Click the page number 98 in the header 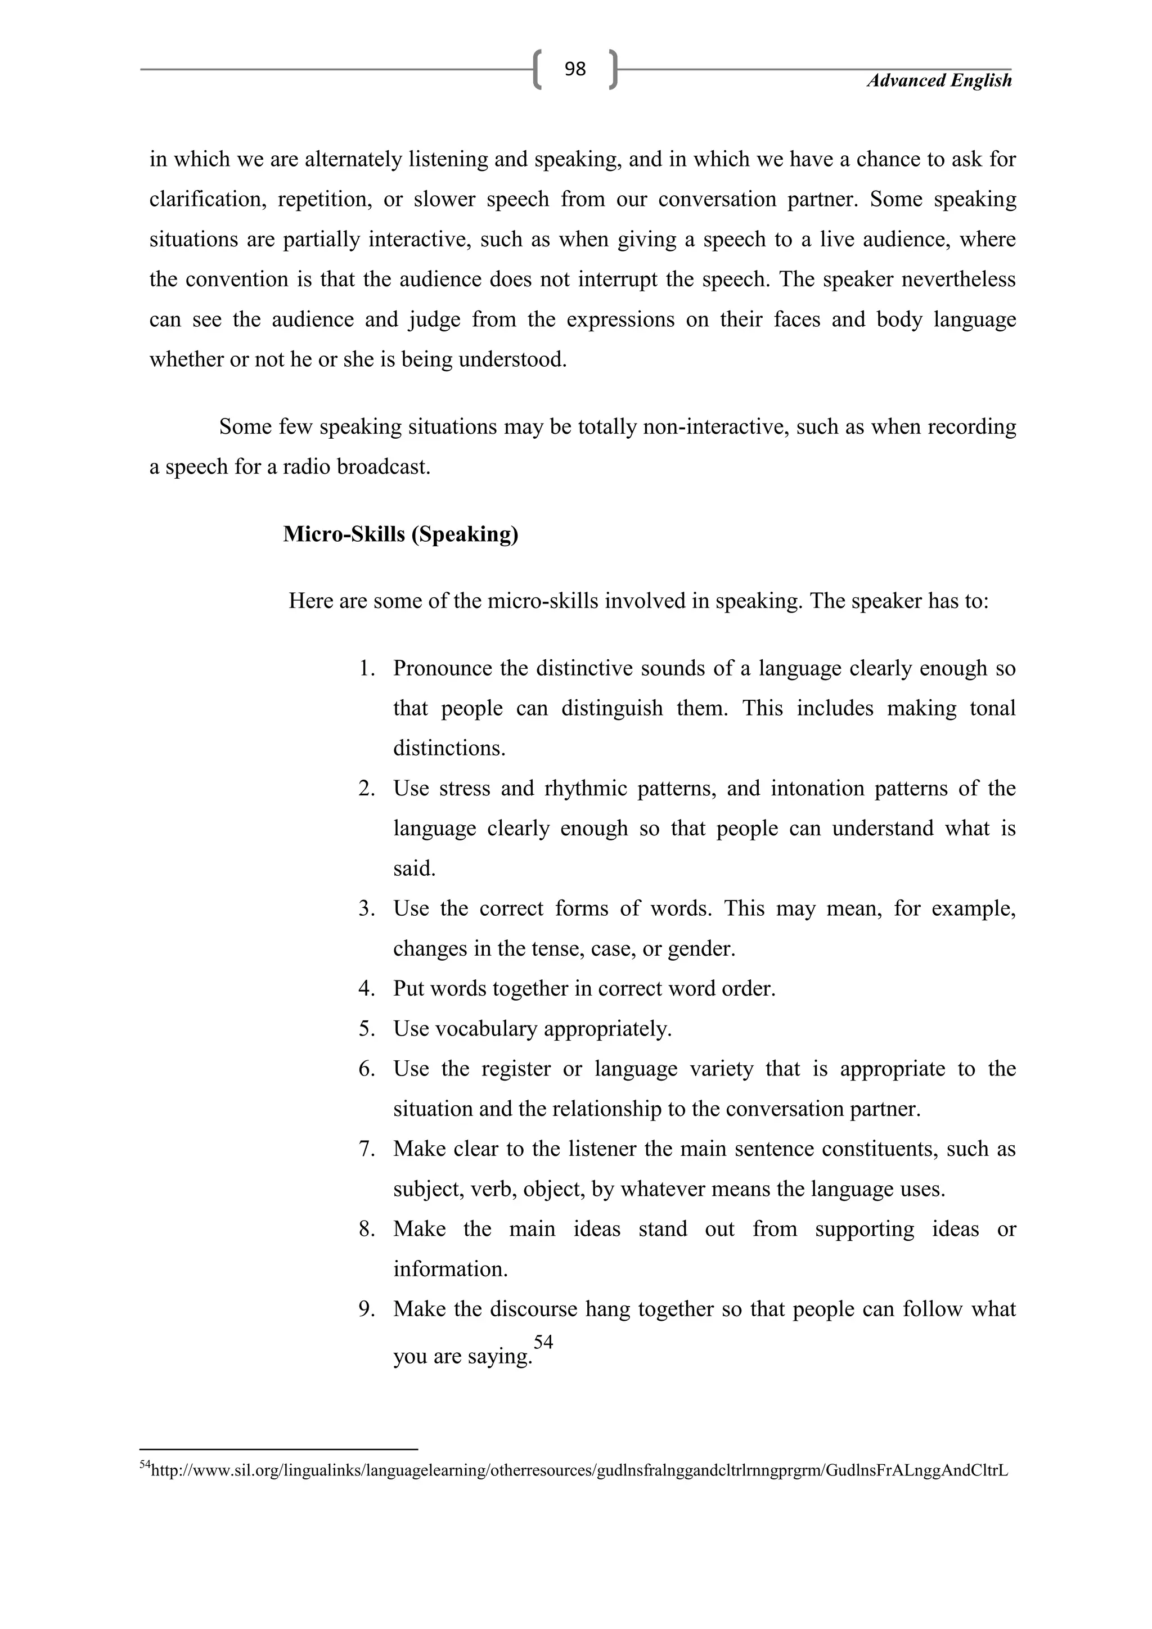pyautogui.click(x=574, y=69)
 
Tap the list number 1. pyautogui.click(x=366, y=668)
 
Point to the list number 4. pyautogui.click(x=366, y=988)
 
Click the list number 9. pyautogui.click(x=366, y=1309)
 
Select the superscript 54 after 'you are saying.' pyautogui.click(x=543, y=1342)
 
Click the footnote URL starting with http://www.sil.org pyautogui.click(x=579, y=1470)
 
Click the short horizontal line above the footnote pyautogui.click(x=279, y=1450)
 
